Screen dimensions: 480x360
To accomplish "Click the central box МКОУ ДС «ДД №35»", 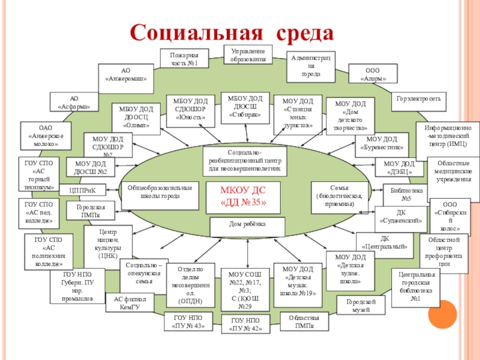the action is click(x=243, y=196).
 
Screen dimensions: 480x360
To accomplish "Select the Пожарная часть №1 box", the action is click(x=184, y=59).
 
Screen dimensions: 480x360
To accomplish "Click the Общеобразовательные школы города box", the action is click(x=160, y=192).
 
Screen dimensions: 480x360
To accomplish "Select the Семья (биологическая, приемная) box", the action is click(x=339, y=196).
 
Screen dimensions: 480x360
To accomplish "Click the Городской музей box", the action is click(x=360, y=305).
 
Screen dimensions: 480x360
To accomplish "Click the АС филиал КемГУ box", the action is click(x=130, y=302).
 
